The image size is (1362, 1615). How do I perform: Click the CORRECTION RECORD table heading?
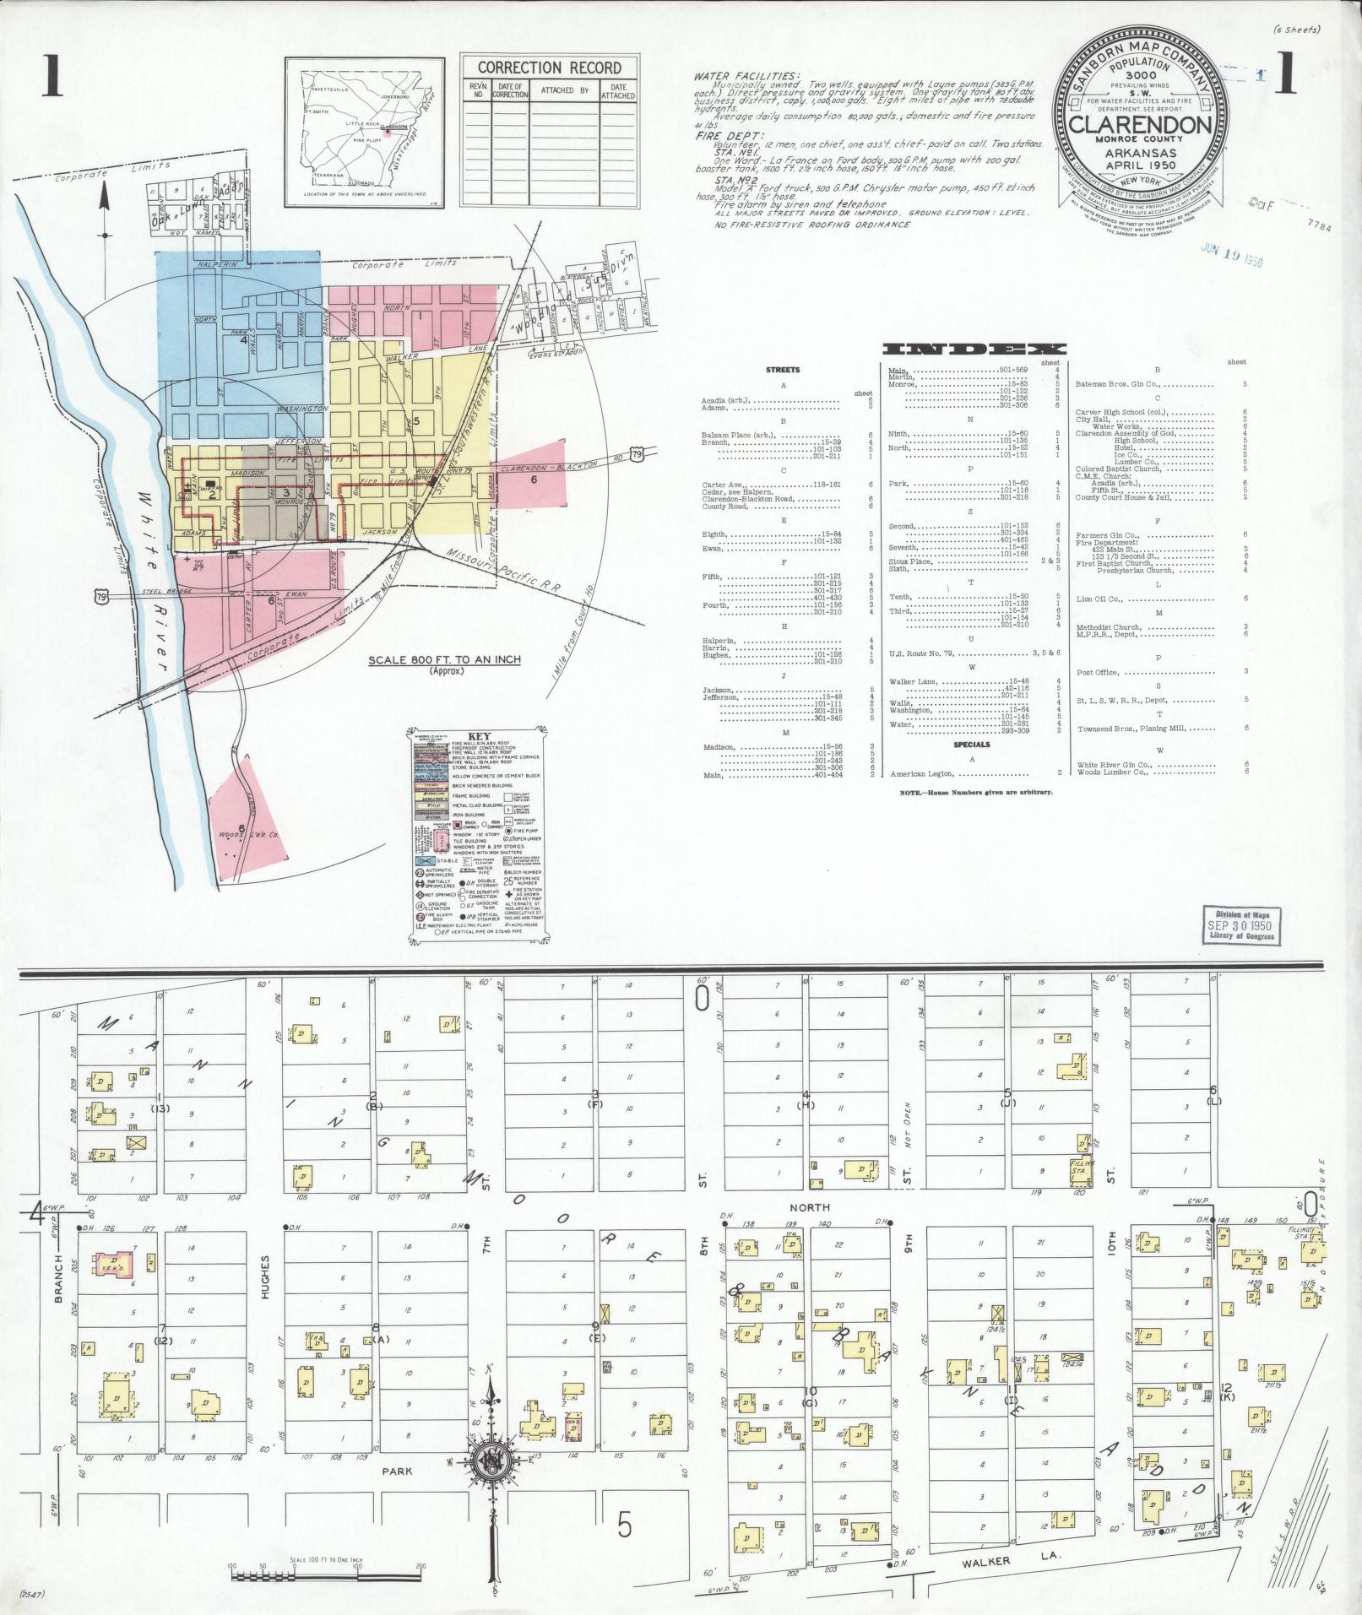coord(549,68)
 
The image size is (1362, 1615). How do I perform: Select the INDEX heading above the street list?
coord(974,349)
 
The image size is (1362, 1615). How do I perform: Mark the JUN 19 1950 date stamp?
coord(1231,257)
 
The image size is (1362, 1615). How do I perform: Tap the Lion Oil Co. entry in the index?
coord(1099,599)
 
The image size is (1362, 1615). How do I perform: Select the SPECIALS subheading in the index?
coord(972,745)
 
